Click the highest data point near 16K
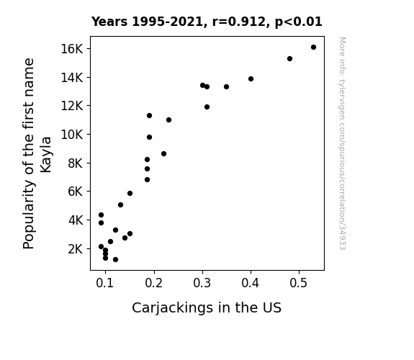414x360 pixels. [x=313, y=48]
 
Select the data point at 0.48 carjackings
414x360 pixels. [x=289, y=58]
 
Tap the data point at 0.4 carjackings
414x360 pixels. [x=251, y=78]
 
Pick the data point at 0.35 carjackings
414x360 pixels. [x=226, y=86]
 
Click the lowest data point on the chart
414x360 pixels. [x=115, y=260]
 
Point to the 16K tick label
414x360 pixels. [x=72, y=49]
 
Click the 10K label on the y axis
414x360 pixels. [x=72, y=135]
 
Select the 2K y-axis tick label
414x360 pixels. [x=76, y=249]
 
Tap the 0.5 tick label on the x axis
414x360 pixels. [x=298, y=283]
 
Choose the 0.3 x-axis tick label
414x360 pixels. [x=202, y=283]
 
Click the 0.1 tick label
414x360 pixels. [x=105, y=283]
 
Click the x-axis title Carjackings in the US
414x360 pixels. [x=207, y=308]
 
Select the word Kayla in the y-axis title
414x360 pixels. [x=45, y=155]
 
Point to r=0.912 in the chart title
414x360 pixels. [x=239, y=22]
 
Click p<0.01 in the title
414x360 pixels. [x=299, y=22]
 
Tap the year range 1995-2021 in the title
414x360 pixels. [x=167, y=22]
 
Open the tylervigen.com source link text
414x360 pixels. [x=342, y=143]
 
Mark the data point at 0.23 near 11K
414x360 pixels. [x=168, y=120]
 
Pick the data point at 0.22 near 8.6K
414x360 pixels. [x=163, y=153]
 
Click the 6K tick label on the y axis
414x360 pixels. [x=76, y=192]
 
